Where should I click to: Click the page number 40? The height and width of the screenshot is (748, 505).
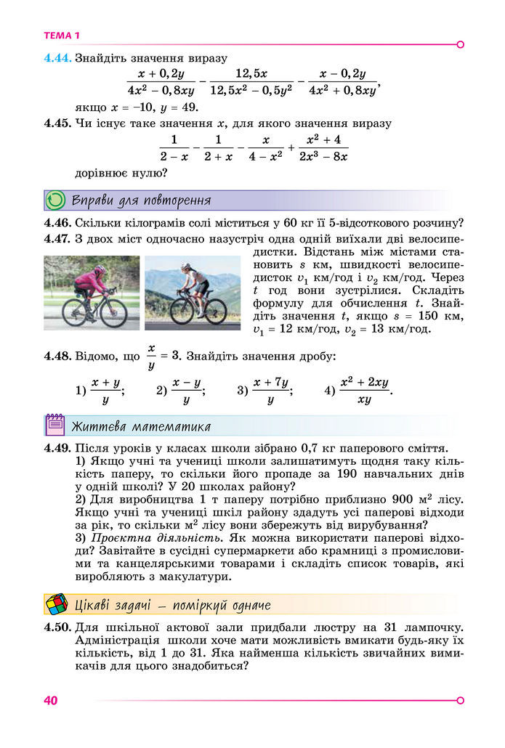[x=50, y=700]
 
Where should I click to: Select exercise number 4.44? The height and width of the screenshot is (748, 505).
[x=57, y=58]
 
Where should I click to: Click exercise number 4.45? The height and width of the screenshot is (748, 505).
[x=57, y=123]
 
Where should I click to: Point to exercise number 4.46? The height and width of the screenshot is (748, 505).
[x=57, y=223]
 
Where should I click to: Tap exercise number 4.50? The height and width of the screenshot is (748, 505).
[x=57, y=627]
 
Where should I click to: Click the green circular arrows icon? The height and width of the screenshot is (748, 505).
[x=55, y=200]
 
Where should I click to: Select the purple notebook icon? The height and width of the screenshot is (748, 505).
[x=55, y=426]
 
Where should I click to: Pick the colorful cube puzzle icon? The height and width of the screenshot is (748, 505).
[x=56, y=604]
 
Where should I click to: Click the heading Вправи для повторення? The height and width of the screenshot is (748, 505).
[x=142, y=200]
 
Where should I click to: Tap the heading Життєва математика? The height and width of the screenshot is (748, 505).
[x=141, y=426]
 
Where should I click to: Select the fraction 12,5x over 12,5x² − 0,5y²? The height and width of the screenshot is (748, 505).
[x=251, y=82]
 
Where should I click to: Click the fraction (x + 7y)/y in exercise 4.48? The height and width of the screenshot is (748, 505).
[x=270, y=390]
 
